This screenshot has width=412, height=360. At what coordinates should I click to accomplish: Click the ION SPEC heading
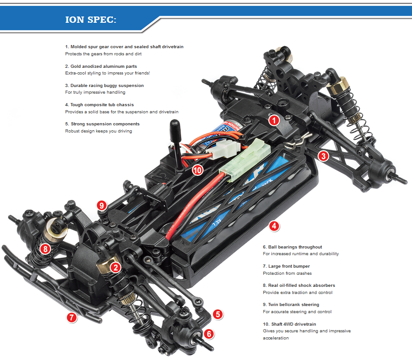click(x=91, y=20)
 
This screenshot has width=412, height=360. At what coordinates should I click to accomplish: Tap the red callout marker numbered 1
click(x=274, y=120)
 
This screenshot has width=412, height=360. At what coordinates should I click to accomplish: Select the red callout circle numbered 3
click(x=323, y=156)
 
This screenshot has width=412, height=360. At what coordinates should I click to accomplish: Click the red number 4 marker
click(x=275, y=226)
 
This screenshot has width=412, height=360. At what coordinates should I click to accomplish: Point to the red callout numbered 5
click(x=217, y=314)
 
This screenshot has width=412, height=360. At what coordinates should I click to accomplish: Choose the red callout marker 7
click(x=71, y=318)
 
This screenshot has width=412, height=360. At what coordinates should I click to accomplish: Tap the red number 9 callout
click(x=102, y=205)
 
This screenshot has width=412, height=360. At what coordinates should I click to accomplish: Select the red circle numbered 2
click(x=116, y=267)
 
